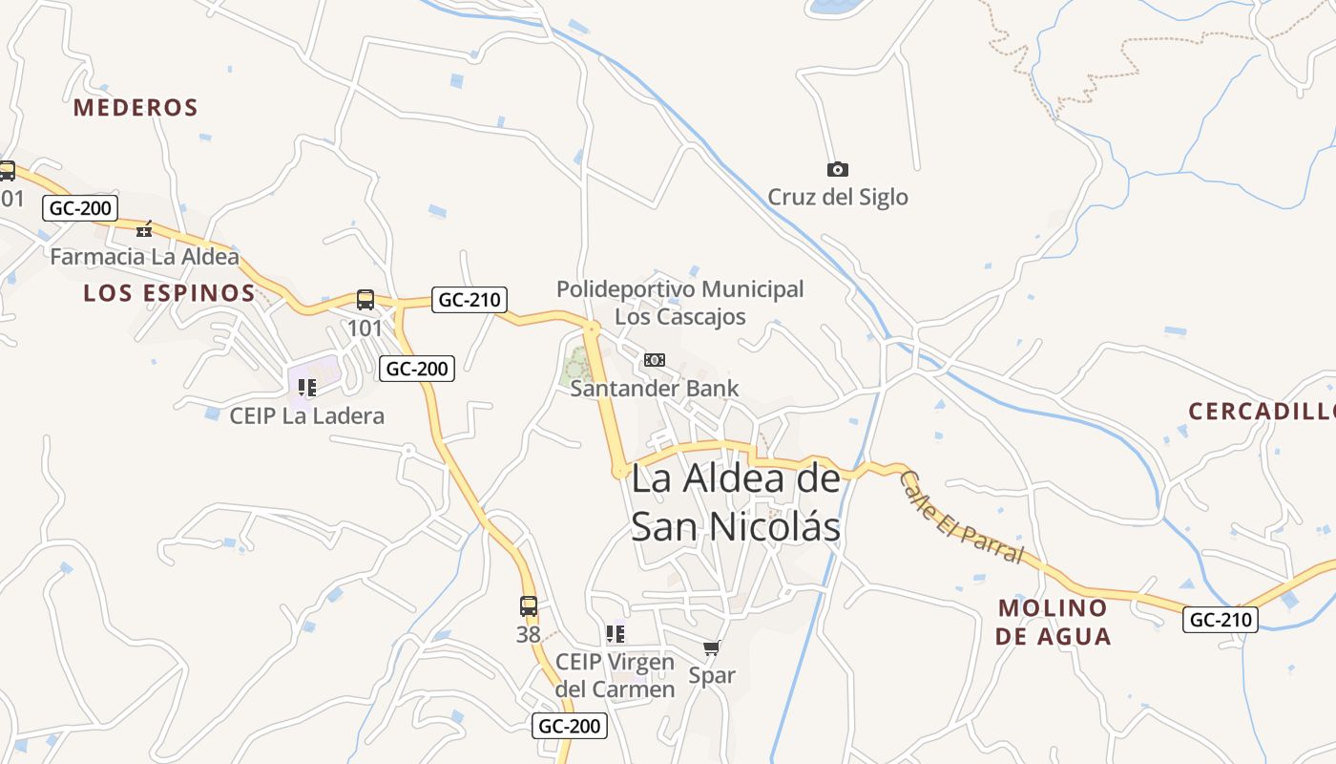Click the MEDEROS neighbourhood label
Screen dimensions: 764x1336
tap(136, 107)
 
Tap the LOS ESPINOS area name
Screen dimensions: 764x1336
tap(169, 293)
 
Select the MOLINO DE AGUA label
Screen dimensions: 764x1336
tap(1053, 622)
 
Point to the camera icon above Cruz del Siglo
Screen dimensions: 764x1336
tap(837, 169)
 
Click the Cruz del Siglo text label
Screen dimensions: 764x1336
tap(838, 198)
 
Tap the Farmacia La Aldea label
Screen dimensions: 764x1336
tap(144, 257)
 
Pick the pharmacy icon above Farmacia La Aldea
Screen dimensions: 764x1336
tap(144, 229)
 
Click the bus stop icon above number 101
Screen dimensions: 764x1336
tap(365, 300)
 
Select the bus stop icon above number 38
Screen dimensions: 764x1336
tap(528, 605)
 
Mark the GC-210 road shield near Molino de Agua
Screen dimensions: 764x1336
tap(1221, 619)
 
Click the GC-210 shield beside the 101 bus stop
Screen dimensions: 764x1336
tap(469, 300)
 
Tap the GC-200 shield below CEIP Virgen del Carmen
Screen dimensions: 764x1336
tap(569, 726)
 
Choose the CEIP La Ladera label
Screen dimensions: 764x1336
tap(307, 415)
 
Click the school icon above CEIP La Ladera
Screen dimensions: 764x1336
tap(307, 387)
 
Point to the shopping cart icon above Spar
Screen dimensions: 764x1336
tap(711, 648)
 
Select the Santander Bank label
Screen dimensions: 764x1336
tap(655, 388)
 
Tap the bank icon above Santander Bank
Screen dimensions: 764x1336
tap(655, 360)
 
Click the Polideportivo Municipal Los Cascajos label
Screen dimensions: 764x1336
tap(680, 302)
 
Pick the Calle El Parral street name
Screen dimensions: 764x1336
tap(961, 519)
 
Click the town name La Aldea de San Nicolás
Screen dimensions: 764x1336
tap(736, 502)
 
